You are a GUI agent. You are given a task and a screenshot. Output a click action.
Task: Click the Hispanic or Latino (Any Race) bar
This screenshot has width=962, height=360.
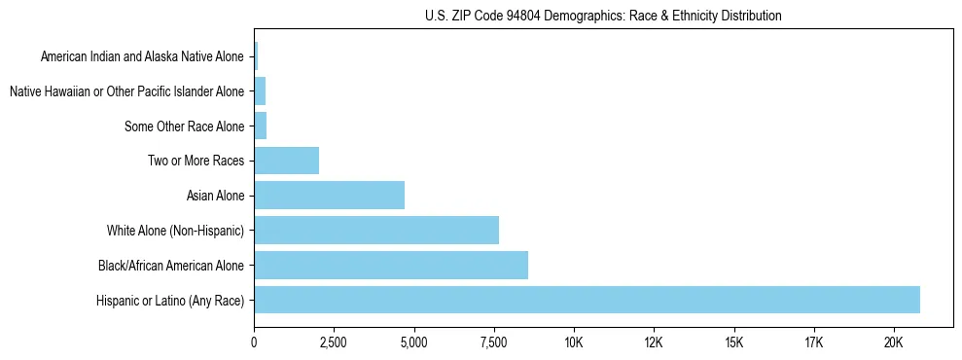[587, 300]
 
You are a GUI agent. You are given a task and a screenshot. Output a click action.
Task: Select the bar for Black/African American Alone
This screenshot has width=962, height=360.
[391, 265]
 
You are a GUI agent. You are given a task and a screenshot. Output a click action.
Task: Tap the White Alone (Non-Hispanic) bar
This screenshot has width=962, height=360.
[376, 231]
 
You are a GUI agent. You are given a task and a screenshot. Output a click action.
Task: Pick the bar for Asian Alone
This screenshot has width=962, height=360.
[329, 196]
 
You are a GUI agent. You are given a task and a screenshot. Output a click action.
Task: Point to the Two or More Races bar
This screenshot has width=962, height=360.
[286, 161]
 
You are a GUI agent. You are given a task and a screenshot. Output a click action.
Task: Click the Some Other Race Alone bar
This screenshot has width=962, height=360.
[260, 126]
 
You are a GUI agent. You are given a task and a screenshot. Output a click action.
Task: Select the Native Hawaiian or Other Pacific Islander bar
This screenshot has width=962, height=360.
[260, 91]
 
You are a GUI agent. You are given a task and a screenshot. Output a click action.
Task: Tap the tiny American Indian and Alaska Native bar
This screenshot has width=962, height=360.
[256, 56]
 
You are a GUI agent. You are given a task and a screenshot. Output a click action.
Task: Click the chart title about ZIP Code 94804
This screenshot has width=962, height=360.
[603, 16]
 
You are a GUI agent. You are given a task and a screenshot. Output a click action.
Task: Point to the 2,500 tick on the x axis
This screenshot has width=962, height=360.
[334, 342]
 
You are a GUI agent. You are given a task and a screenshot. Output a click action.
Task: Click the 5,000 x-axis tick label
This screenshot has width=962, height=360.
[413, 342]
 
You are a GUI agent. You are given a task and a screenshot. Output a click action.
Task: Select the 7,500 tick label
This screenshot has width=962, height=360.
[493, 342]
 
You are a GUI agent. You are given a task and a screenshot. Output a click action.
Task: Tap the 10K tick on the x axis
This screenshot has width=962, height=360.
[574, 342]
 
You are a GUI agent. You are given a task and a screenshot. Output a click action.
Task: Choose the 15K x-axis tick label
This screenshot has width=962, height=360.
[733, 342]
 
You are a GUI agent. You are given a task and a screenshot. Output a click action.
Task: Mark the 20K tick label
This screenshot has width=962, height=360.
[893, 342]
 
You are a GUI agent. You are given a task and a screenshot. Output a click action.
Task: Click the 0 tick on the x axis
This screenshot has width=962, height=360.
[254, 342]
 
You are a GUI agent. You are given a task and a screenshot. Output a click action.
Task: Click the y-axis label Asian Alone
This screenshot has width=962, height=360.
[216, 196]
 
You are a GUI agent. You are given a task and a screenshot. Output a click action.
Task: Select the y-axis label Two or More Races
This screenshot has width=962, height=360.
[196, 161]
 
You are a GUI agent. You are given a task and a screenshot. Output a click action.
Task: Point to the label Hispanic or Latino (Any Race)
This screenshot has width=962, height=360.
[171, 300]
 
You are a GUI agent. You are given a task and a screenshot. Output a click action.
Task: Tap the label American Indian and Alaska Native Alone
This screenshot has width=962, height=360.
[143, 56]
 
